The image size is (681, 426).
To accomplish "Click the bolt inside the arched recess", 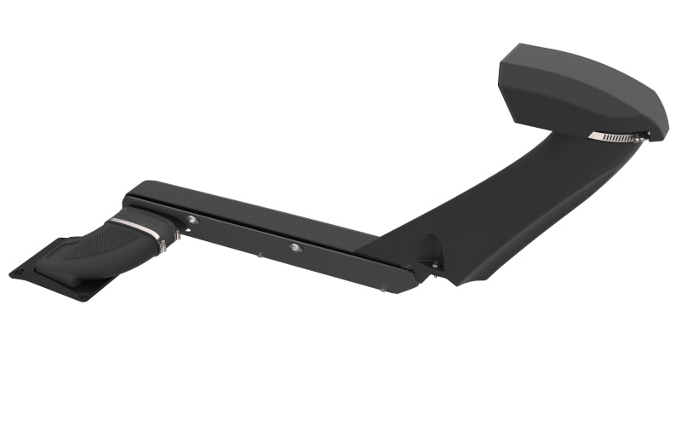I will tap(434, 265).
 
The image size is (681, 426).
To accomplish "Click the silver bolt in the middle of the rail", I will tap(295, 247).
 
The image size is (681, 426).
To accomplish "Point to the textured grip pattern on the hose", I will tap(94, 247).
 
